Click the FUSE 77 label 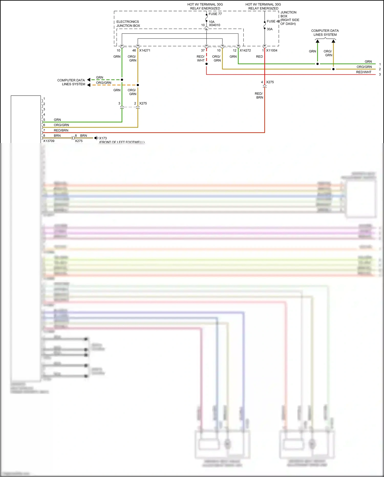tap(215, 14)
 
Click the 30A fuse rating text tap(270, 29)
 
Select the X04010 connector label tap(215, 25)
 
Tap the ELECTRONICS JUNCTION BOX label tap(128, 24)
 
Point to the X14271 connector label tap(145, 50)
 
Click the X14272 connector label tap(245, 50)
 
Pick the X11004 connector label tap(272, 50)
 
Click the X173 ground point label tap(103, 138)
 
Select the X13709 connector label tap(49, 141)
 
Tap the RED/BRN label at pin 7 tap(61, 130)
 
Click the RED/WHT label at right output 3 tap(364, 72)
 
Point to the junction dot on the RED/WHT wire tap(206, 64)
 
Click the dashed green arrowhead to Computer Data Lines tap(89, 80)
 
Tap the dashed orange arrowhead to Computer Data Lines tap(89, 85)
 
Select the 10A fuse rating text tap(211, 22)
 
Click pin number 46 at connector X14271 tap(134, 50)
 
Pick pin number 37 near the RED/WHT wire tap(203, 50)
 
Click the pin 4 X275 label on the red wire tap(268, 82)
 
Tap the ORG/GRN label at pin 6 tap(61, 125)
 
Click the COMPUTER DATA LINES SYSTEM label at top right tap(325, 33)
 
